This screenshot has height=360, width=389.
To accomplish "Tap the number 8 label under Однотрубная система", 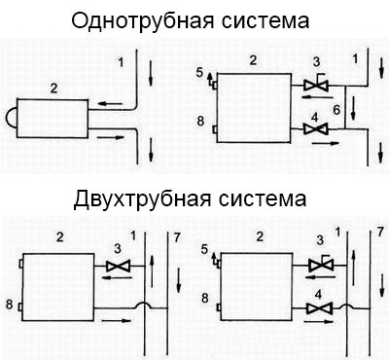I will click(x=200, y=123).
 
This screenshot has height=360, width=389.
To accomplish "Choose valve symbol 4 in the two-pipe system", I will click(x=316, y=308).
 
